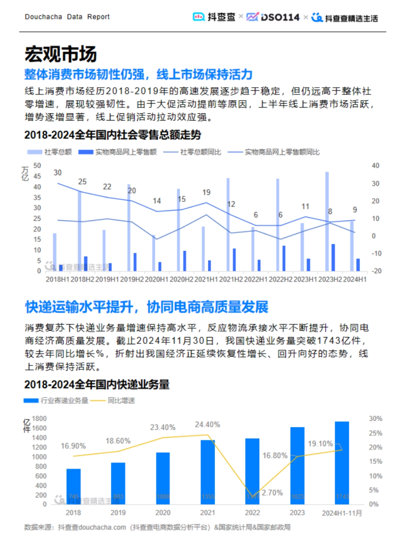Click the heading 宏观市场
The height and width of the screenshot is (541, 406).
61,54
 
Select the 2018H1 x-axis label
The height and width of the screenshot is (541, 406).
58,279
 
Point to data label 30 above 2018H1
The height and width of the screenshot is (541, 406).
58,173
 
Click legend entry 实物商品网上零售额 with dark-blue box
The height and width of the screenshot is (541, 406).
118,152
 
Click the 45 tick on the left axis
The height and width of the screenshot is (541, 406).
37,176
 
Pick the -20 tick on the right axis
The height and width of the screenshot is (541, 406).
376,271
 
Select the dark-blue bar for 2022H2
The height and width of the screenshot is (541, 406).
284,258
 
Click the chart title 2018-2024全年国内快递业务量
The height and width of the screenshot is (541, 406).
97,385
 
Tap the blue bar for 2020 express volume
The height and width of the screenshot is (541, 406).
163,478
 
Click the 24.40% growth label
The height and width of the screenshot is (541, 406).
207,425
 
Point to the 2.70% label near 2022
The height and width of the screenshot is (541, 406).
272,493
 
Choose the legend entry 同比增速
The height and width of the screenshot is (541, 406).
121,401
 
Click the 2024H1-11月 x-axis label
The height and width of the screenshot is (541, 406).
342,513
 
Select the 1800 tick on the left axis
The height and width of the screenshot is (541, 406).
39,419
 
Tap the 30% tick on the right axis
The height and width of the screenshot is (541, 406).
376,419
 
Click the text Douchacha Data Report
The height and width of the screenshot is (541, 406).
67,17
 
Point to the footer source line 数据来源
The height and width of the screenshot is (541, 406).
157,527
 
